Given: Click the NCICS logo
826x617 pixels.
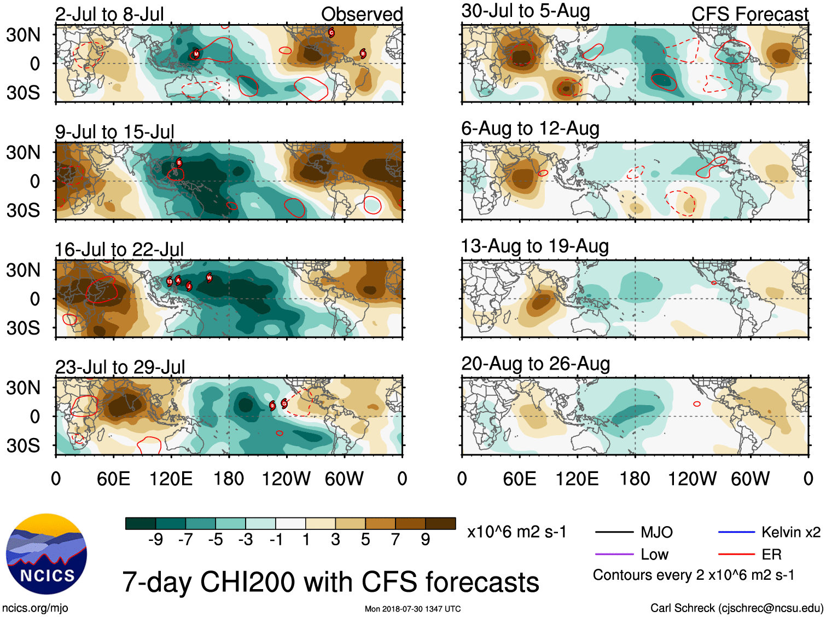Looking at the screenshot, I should click(46, 553).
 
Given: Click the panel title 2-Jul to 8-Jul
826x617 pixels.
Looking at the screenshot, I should click(109, 14).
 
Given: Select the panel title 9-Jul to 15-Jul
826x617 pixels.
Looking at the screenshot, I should click(115, 132).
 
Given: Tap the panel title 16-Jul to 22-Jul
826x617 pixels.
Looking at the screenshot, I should click(119, 250).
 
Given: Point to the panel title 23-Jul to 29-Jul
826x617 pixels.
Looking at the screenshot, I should click(120, 367).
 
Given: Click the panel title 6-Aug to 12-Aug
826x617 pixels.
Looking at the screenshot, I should click(530, 129).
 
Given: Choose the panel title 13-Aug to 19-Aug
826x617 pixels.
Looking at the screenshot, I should click(534, 246).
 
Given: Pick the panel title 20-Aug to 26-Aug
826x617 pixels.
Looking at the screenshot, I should click(536, 364).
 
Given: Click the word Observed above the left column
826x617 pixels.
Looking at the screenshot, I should click(362, 14).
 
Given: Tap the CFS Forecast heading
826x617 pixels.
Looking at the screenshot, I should click(749, 14).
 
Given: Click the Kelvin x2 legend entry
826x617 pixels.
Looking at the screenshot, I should click(790, 532).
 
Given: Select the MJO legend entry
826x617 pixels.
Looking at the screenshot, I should click(656, 532).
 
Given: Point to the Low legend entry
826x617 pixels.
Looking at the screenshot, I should click(654, 555).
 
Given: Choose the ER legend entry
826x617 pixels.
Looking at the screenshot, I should click(771, 555).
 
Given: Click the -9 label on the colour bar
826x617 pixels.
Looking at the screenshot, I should click(155, 540).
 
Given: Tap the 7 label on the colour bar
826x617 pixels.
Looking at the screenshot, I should click(395, 540).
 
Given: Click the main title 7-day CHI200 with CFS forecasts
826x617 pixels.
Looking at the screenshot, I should click(330, 582).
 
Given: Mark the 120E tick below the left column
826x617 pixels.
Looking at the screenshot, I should click(171, 479).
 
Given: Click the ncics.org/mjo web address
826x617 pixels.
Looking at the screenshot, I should click(35, 608).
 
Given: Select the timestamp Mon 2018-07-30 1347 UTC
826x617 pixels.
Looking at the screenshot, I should click(412, 609).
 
